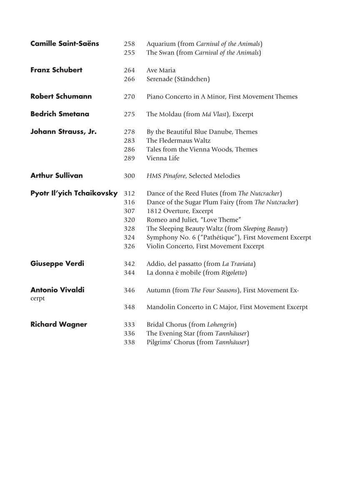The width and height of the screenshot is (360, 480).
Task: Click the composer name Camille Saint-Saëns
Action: pyautogui.click(x=65, y=43)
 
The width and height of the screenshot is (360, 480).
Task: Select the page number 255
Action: pyautogui.click(x=129, y=53)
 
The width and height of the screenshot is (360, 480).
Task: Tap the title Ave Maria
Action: pyautogui.click(x=161, y=70)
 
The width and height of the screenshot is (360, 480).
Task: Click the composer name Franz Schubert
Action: pyautogui.click(x=56, y=70)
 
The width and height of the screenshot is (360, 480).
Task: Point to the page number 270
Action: pyautogui.click(x=129, y=97)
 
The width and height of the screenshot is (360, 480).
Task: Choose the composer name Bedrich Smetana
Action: pyautogui.click(x=60, y=114)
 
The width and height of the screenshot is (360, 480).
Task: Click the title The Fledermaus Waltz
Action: pyautogui.click(x=178, y=141)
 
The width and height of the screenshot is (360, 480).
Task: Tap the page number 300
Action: pyautogui.click(x=129, y=176)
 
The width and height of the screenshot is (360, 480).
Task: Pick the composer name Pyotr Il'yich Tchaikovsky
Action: pyautogui.click(x=74, y=193)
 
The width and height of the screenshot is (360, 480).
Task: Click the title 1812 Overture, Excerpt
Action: pyautogui.click(x=180, y=211)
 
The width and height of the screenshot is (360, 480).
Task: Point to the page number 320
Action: pyautogui.click(x=129, y=220)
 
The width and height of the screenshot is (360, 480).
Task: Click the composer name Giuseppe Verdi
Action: pyautogui.click(x=57, y=263)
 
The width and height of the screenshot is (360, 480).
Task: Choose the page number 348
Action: pyautogui.click(x=129, y=307)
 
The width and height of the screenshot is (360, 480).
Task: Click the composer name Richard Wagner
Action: pyautogui.click(x=59, y=324)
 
